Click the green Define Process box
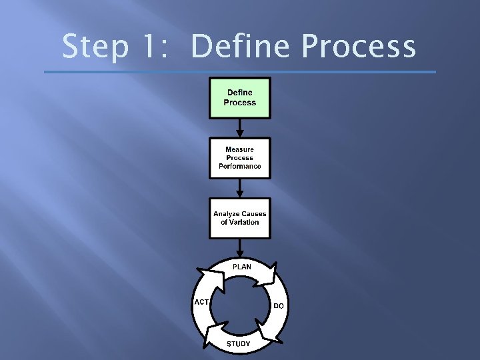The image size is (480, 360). coord(240,98)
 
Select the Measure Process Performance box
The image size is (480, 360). coord(240,158)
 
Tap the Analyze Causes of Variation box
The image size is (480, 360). coord(240,218)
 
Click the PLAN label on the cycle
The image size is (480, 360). coord(241,267)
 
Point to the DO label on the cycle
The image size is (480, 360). coord(279,306)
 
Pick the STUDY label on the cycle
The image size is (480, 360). coord(239,344)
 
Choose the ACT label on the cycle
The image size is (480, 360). coord(201,302)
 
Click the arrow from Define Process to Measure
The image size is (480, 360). coord(240,128)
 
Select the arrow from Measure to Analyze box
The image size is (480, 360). coord(240,188)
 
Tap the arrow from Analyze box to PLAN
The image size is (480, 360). coord(240,248)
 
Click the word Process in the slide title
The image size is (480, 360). coord(358,47)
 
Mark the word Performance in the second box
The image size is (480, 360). coord(240,166)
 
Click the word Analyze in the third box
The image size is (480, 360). coord(227,214)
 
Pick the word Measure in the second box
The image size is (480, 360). coord(240,150)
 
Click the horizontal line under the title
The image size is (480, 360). coord(240,72)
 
